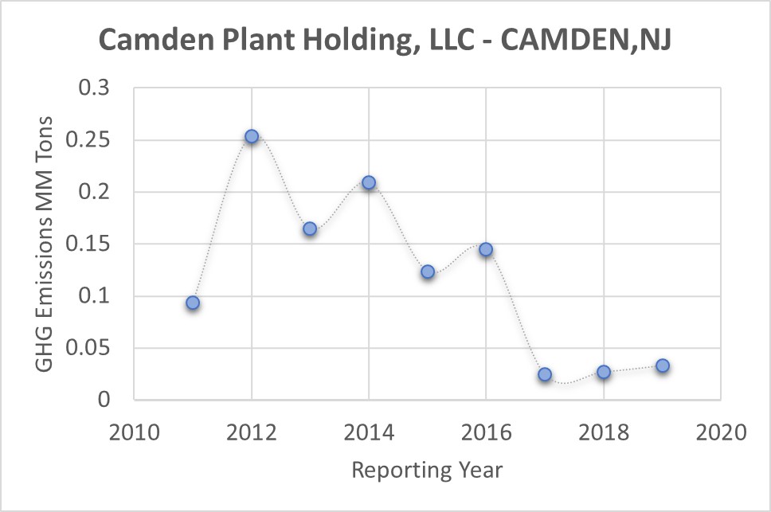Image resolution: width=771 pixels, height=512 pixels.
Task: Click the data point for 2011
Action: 193,303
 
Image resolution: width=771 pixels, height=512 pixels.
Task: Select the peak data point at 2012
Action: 252,136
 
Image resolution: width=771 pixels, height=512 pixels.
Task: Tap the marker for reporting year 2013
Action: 310,229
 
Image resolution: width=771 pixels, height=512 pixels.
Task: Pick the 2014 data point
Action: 369,182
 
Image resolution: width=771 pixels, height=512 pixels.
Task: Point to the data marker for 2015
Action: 428,272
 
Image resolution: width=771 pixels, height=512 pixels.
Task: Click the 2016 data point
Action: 486,249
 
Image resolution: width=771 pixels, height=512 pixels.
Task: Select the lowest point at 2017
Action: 545,374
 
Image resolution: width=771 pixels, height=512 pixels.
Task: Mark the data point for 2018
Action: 604,372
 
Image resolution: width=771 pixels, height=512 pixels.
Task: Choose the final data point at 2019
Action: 662,366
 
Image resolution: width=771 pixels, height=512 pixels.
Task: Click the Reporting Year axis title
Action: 428,470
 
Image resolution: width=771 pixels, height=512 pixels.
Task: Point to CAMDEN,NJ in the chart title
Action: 585,42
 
